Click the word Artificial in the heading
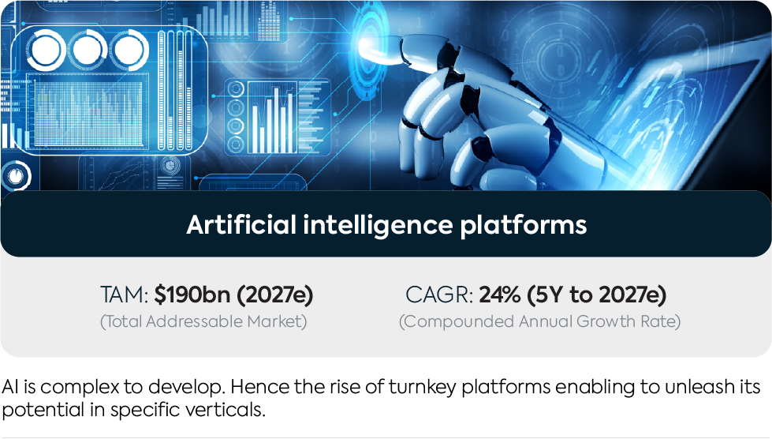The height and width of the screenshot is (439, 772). tap(241, 225)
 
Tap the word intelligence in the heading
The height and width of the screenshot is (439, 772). tap(378, 226)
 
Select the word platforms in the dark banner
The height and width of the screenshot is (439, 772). tap(524, 226)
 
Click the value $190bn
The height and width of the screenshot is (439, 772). tap(192, 295)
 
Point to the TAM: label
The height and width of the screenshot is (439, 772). tap(124, 295)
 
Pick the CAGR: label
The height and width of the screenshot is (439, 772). tap(439, 295)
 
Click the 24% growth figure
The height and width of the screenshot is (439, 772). tap(500, 295)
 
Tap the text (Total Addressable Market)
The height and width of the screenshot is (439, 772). tap(203, 321)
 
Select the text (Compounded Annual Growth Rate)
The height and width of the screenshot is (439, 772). tap(539, 321)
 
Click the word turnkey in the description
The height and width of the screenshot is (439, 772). tap(423, 387)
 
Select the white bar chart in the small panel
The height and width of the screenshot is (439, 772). tap(272, 119)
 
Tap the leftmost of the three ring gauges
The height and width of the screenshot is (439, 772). tap(46, 50)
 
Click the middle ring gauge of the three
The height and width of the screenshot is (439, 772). tap(88, 50)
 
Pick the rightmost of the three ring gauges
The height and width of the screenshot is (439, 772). tap(129, 50)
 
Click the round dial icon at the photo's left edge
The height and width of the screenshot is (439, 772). tap(16, 176)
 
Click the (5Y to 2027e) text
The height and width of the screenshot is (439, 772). tap(597, 295)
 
